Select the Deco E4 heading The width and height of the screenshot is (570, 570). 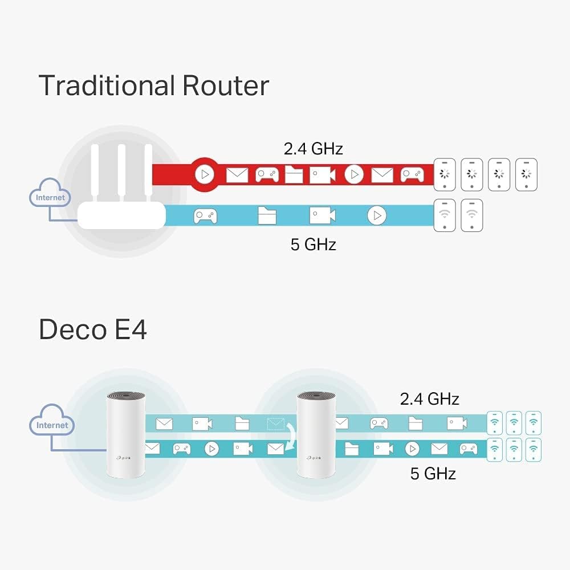pyautogui.click(x=92, y=330)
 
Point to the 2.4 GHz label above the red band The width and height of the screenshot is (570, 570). pyautogui.click(x=313, y=149)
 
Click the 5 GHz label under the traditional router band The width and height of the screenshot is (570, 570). pyautogui.click(x=313, y=245)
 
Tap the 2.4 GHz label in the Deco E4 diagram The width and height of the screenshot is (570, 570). pyautogui.click(x=429, y=398)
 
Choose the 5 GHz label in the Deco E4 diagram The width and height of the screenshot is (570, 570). pyautogui.click(x=433, y=473)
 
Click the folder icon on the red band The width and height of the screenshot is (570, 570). pyautogui.click(x=294, y=175)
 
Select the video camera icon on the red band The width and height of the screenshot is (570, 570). pyautogui.click(x=322, y=175)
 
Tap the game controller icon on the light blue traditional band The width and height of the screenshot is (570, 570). pyautogui.click(x=205, y=215)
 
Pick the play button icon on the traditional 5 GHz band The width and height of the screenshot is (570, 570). pyautogui.click(x=376, y=215)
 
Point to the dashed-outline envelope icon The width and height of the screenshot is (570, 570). pyautogui.click(x=275, y=424)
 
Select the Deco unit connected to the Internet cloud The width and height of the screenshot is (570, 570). pyautogui.click(x=125, y=433)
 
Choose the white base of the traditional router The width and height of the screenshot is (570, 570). pyautogui.click(x=121, y=217)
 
